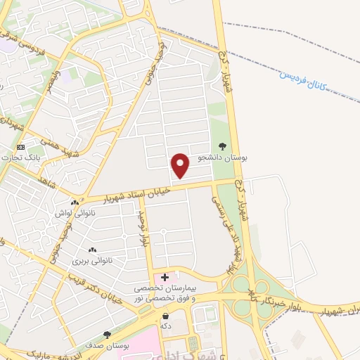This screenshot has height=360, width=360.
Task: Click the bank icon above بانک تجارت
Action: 21,147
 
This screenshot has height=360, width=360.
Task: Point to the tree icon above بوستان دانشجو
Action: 222,147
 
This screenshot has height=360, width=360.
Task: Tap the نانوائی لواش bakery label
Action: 73,212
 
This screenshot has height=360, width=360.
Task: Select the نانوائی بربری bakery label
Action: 92,260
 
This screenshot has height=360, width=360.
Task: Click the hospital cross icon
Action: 165,278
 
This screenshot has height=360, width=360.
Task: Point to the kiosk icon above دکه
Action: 165,316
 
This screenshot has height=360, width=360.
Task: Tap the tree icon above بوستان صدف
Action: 107,335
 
